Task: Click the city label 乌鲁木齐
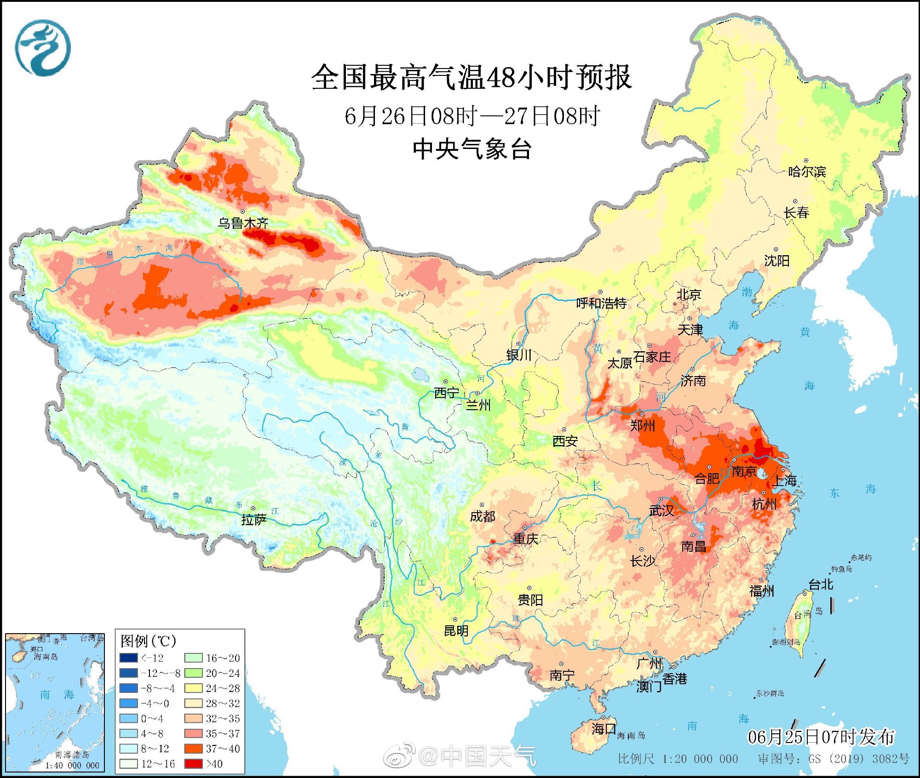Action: pos(243,223)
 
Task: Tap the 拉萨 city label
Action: pos(253,520)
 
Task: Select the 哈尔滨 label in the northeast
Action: pos(807,172)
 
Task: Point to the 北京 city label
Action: pos(688,295)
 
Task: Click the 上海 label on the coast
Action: pos(785,481)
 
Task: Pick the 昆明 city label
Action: pos(456,631)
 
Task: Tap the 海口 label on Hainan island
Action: pos(604,728)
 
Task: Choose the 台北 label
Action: pos(821,584)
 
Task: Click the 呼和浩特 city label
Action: pos(601,303)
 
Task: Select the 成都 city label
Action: pos(482,516)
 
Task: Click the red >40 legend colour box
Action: pos(193,764)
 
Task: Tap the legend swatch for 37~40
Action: pos(193,749)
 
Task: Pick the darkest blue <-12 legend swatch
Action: pos(128,658)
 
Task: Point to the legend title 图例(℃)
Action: pos(148,641)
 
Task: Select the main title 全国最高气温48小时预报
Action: pos(471,77)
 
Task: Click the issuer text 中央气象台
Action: pos(472,149)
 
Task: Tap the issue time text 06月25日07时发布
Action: pos(821,737)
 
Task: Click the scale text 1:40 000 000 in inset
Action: pos(72,766)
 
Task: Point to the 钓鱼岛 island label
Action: pos(842,569)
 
